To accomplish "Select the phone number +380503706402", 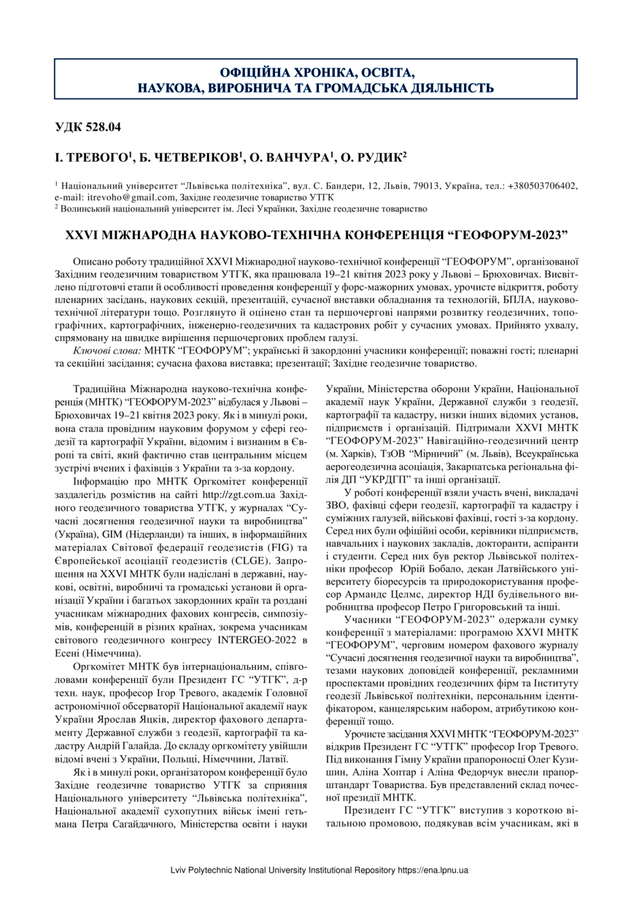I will [541, 186].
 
